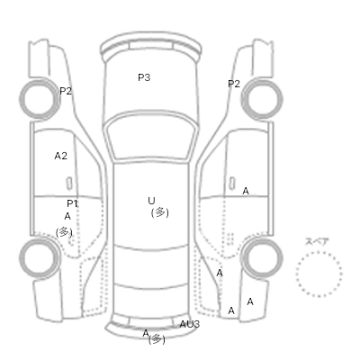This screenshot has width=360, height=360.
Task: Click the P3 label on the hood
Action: (x=144, y=77)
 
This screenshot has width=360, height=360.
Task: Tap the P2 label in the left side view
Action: (x=66, y=91)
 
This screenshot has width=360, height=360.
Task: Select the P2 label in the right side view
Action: (x=234, y=84)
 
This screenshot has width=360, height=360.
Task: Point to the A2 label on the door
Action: (x=61, y=156)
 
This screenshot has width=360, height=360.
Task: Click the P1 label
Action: (x=72, y=203)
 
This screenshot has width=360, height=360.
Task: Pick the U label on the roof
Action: (x=151, y=201)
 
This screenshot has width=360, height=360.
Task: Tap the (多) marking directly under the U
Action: (x=160, y=212)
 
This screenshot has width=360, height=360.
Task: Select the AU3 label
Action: (x=190, y=324)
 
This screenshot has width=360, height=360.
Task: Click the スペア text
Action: (x=317, y=241)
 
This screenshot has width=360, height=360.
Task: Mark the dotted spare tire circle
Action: (x=319, y=252)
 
